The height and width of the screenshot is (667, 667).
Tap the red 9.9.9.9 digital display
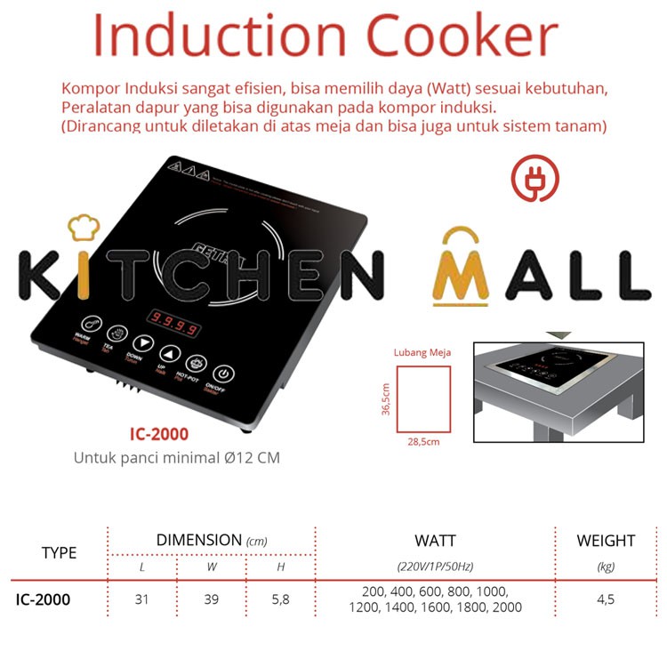coord(172,322)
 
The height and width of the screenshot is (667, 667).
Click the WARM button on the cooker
coord(90,324)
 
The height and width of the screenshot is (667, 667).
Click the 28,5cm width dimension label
coord(423,440)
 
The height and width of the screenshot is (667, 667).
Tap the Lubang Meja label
coord(422,352)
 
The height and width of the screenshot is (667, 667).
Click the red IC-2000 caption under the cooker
coord(157,436)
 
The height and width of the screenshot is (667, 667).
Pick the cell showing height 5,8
coord(280,599)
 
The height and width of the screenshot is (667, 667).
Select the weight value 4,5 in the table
coord(606,599)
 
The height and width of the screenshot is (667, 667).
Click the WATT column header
coord(435,540)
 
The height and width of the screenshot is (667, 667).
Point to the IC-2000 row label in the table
coord(43,599)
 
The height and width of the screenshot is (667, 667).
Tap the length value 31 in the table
coord(142,599)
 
